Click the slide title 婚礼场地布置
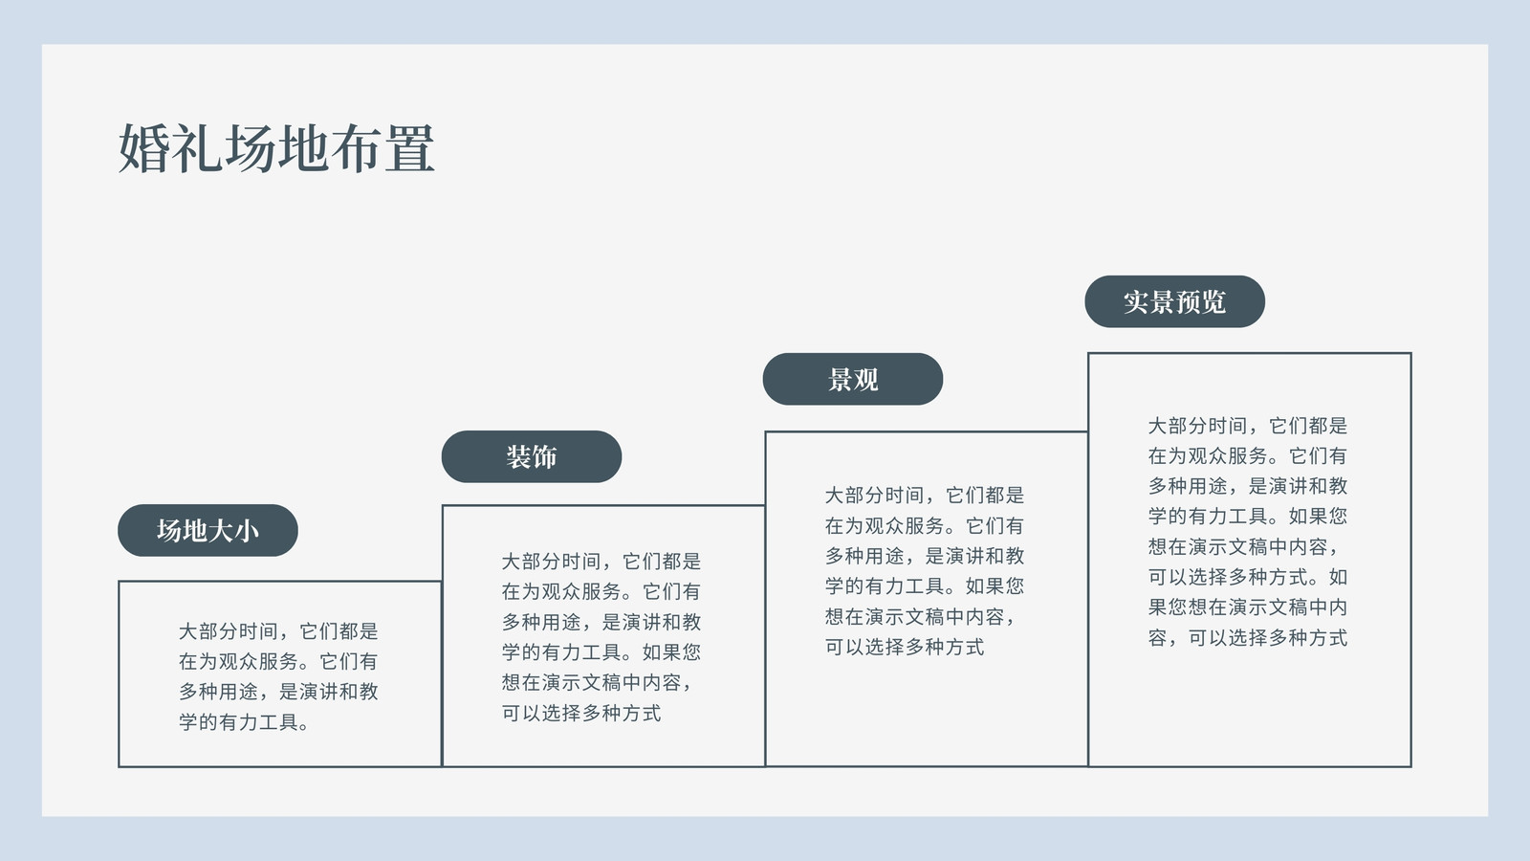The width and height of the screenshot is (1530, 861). coord(276,148)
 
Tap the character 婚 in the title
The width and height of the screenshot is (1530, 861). coord(144,148)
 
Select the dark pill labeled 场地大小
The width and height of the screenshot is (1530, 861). coord(208,530)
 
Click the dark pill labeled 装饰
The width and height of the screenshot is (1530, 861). coord(532,456)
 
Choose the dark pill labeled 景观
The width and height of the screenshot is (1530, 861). coord(852,379)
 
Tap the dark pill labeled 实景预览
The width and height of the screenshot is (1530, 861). coord(1175,301)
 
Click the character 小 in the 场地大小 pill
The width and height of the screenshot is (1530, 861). coord(247,531)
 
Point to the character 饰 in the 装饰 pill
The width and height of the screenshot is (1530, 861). coord(544,457)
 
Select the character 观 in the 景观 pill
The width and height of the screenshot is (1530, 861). coord(866,380)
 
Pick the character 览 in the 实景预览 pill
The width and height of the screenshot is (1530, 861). coord(1213,302)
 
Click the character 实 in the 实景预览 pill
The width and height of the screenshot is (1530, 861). coord(1137,302)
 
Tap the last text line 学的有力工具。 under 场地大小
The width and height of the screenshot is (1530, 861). coord(244,722)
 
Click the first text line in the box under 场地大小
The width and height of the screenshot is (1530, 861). coord(278,631)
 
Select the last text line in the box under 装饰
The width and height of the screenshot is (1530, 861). coord(581,714)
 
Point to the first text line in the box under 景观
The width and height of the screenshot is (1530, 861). coord(924,496)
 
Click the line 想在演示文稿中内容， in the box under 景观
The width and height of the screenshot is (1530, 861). coord(920,617)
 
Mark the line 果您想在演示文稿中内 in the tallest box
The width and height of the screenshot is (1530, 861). coord(1247,607)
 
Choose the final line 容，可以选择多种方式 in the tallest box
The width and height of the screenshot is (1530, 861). coord(1247,638)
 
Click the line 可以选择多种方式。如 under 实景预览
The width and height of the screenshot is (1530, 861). coord(1247,578)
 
